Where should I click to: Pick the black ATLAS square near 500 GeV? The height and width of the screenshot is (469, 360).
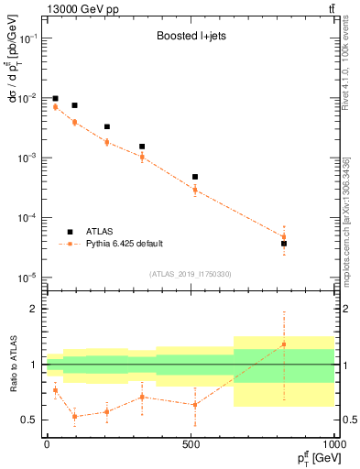(195, 177)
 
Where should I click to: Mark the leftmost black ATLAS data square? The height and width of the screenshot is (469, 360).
(55, 98)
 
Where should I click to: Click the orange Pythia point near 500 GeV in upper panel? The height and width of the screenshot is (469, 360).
(195, 190)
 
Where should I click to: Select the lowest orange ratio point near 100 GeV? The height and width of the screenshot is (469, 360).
(75, 417)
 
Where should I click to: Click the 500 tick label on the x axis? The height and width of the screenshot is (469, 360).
(191, 444)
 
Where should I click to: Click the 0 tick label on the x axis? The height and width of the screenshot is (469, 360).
(47, 444)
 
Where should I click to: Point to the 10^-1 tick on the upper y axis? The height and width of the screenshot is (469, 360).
(29, 38)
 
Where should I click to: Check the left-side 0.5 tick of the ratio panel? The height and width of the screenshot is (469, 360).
(32, 420)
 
